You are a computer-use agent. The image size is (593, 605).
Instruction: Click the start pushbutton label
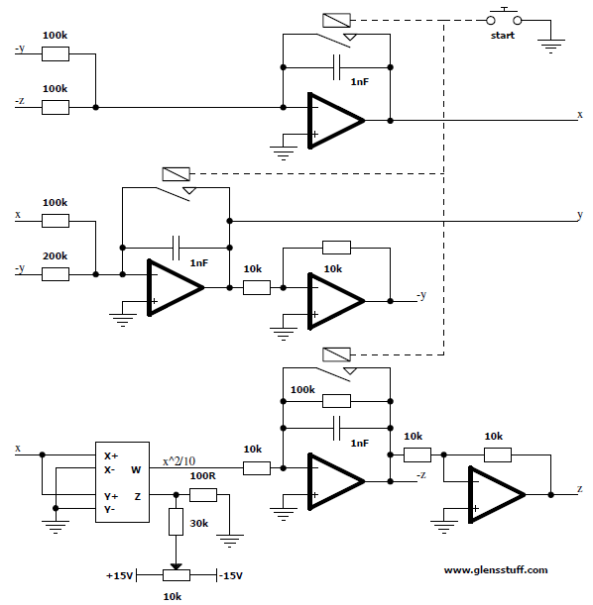pos(502,36)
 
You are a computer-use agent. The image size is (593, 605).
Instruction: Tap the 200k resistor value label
pos(55,255)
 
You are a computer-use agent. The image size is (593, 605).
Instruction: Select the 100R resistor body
pos(203,495)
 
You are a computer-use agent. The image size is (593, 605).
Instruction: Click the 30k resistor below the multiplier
pos(176,522)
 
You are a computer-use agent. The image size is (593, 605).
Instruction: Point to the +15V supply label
pos(119,575)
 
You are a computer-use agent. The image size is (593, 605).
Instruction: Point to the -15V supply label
pos(231,575)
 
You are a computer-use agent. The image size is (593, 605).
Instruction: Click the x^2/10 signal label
pos(178,461)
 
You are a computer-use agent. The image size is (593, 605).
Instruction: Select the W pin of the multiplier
pos(136,470)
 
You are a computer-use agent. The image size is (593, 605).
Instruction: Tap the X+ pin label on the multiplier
pos(111,456)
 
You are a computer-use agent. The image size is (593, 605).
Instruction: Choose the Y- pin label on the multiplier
pos(110,510)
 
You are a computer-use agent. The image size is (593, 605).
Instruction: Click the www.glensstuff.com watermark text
pos(496,570)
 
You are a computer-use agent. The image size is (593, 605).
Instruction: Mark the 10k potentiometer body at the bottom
pos(177,575)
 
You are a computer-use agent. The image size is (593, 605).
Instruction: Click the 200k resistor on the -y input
pos(56,274)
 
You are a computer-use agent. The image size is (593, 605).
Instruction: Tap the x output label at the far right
pos(580,114)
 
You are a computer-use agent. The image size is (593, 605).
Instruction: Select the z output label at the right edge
pos(580,489)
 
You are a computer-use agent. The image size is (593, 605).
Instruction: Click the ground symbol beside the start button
pos(551,46)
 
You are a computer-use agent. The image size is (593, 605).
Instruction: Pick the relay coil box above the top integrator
pos(336,20)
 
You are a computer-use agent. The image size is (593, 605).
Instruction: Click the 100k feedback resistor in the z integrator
pos(336,401)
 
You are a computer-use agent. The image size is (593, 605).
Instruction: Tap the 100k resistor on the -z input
pos(56,107)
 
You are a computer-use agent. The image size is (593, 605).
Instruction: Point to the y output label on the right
pos(580,215)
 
